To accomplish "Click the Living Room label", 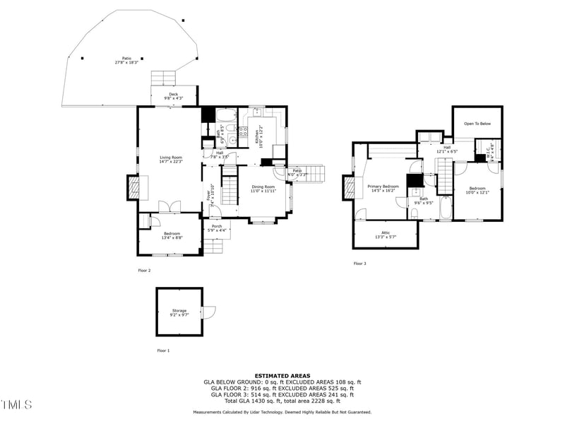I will [x=171, y=159].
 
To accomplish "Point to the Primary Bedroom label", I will [x=383, y=188].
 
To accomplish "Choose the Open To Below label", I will [x=477, y=124].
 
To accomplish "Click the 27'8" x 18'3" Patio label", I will [x=127, y=61].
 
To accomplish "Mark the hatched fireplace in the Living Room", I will [x=133, y=187].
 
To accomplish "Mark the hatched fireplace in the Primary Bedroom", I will [x=348, y=187].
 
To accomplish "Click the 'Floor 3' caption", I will [x=360, y=264].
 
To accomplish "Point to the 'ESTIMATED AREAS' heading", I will [x=282, y=376].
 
